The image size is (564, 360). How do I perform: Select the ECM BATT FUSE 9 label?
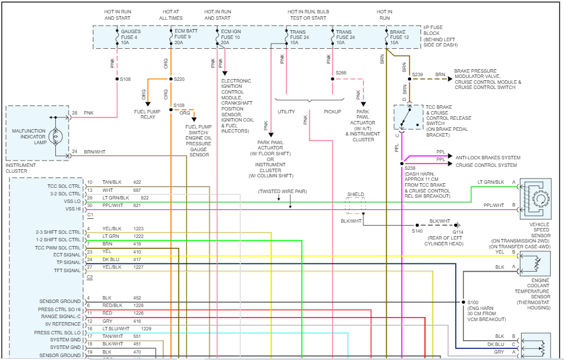pos(185,38)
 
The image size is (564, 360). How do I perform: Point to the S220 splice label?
pos(179,79)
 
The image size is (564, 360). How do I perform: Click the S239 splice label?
pos(417,75)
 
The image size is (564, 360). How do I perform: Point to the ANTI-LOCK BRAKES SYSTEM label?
pos(488,158)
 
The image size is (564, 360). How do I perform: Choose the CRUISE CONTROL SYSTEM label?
pos(486,165)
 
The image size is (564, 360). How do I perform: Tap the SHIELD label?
pos(355,194)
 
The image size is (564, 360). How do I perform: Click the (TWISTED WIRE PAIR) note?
pos(283,191)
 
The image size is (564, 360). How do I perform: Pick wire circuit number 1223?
pos(140,229)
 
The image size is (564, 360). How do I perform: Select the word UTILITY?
pos(287,112)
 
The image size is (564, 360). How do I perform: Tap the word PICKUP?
pos(332,112)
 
